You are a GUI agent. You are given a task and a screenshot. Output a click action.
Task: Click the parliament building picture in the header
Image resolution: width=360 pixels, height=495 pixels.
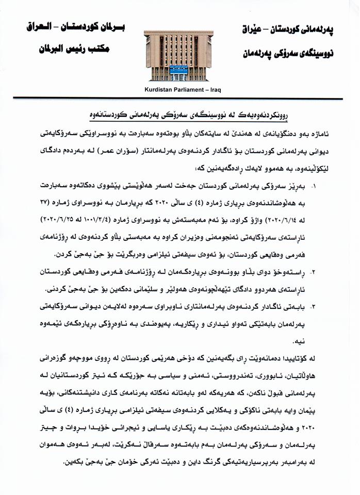[x=178, y=55]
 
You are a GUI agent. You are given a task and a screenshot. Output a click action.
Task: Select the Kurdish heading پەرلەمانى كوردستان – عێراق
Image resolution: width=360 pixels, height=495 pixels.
[x=288, y=30]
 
